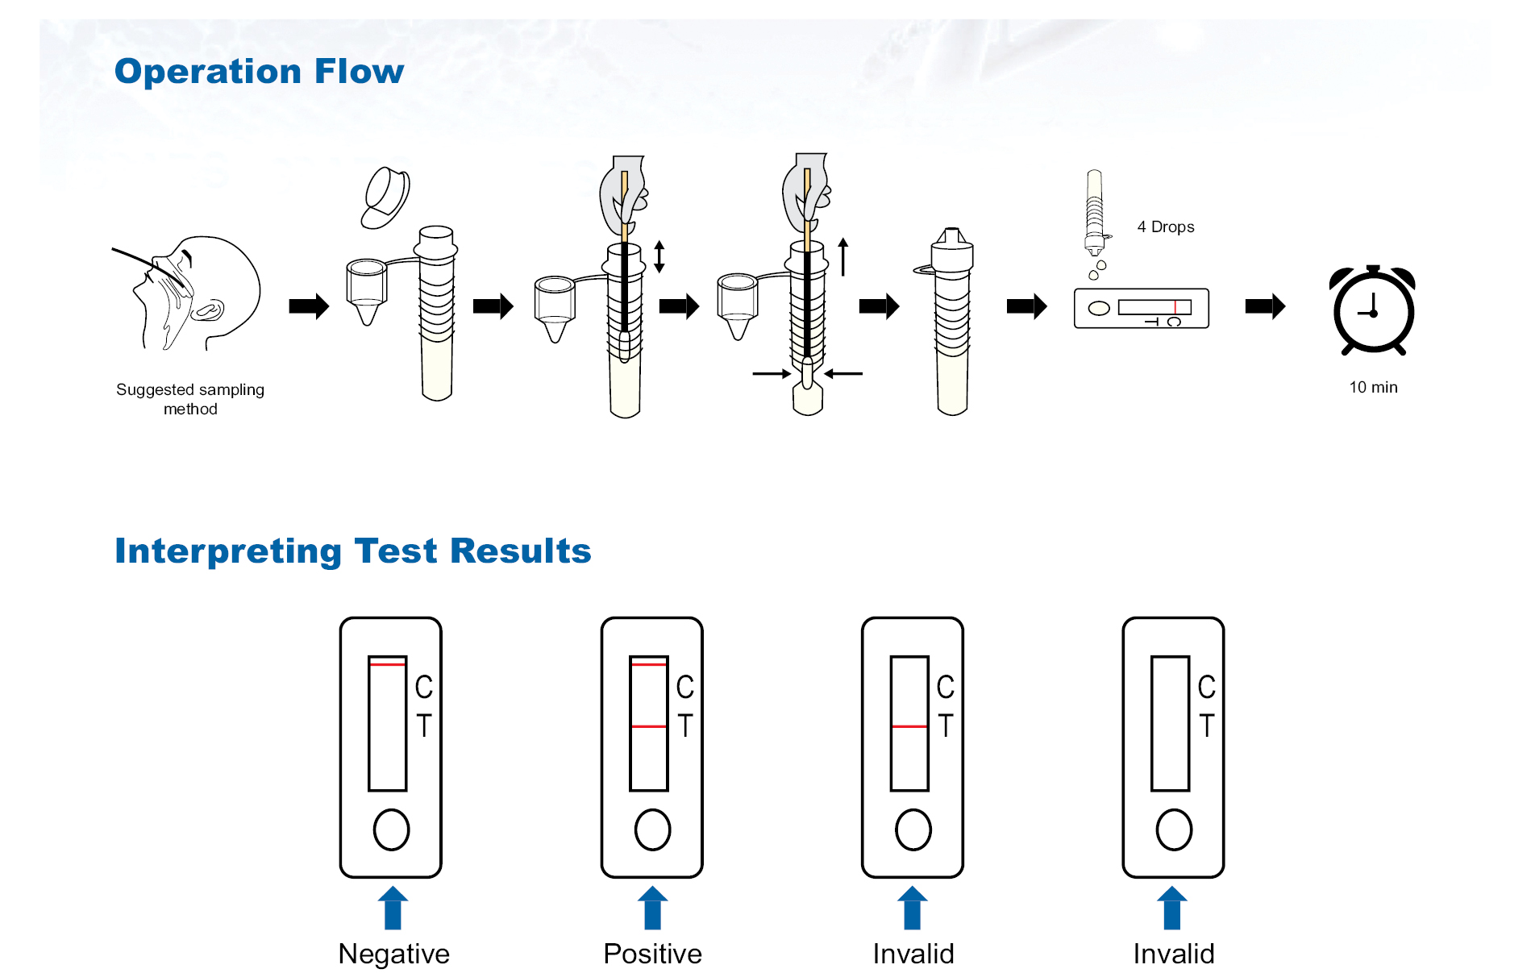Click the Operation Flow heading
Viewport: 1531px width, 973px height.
259,71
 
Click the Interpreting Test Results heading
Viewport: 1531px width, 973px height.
352,551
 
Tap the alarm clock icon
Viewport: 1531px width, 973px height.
1373,310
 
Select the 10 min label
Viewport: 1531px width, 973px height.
1373,387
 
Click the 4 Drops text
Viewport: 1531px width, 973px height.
1165,227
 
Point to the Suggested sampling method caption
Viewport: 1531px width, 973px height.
190,399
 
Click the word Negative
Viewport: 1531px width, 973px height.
393,954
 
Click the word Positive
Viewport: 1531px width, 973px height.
652,954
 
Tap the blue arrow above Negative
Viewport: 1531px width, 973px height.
393,909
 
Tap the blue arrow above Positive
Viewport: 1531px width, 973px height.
652,909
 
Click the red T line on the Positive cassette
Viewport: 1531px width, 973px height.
648,726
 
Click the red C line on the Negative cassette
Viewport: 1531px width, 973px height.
387,664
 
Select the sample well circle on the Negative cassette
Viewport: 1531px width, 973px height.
391,830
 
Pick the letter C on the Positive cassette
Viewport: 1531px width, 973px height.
684,687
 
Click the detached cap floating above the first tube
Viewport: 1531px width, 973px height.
385,198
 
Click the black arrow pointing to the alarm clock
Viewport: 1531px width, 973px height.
1264,306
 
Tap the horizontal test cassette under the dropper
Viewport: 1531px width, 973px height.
1141,308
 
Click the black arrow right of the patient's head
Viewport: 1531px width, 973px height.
309,306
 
